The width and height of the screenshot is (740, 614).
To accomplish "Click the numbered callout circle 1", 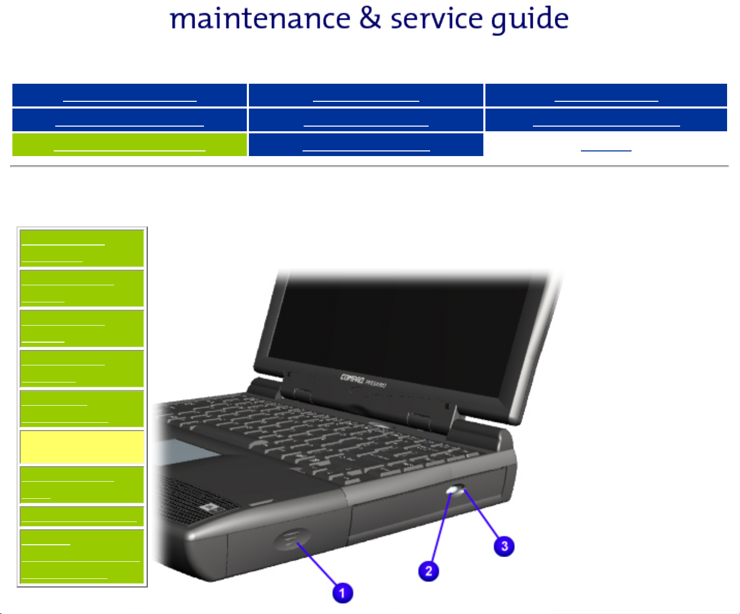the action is [342, 592].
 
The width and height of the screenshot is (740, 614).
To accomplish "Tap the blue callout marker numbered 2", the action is [429, 571].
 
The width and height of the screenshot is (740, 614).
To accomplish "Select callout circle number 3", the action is [504, 546].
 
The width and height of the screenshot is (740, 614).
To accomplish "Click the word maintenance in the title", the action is [260, 19].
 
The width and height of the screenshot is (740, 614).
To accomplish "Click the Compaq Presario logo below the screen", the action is [363, 380].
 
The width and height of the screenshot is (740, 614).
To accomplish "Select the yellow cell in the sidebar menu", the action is [82, 447].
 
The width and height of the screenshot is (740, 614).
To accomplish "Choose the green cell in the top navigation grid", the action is [129, 145].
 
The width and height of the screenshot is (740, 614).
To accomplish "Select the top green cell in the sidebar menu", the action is [82, 248].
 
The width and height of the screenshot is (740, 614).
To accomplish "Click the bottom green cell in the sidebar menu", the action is [82, 557].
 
